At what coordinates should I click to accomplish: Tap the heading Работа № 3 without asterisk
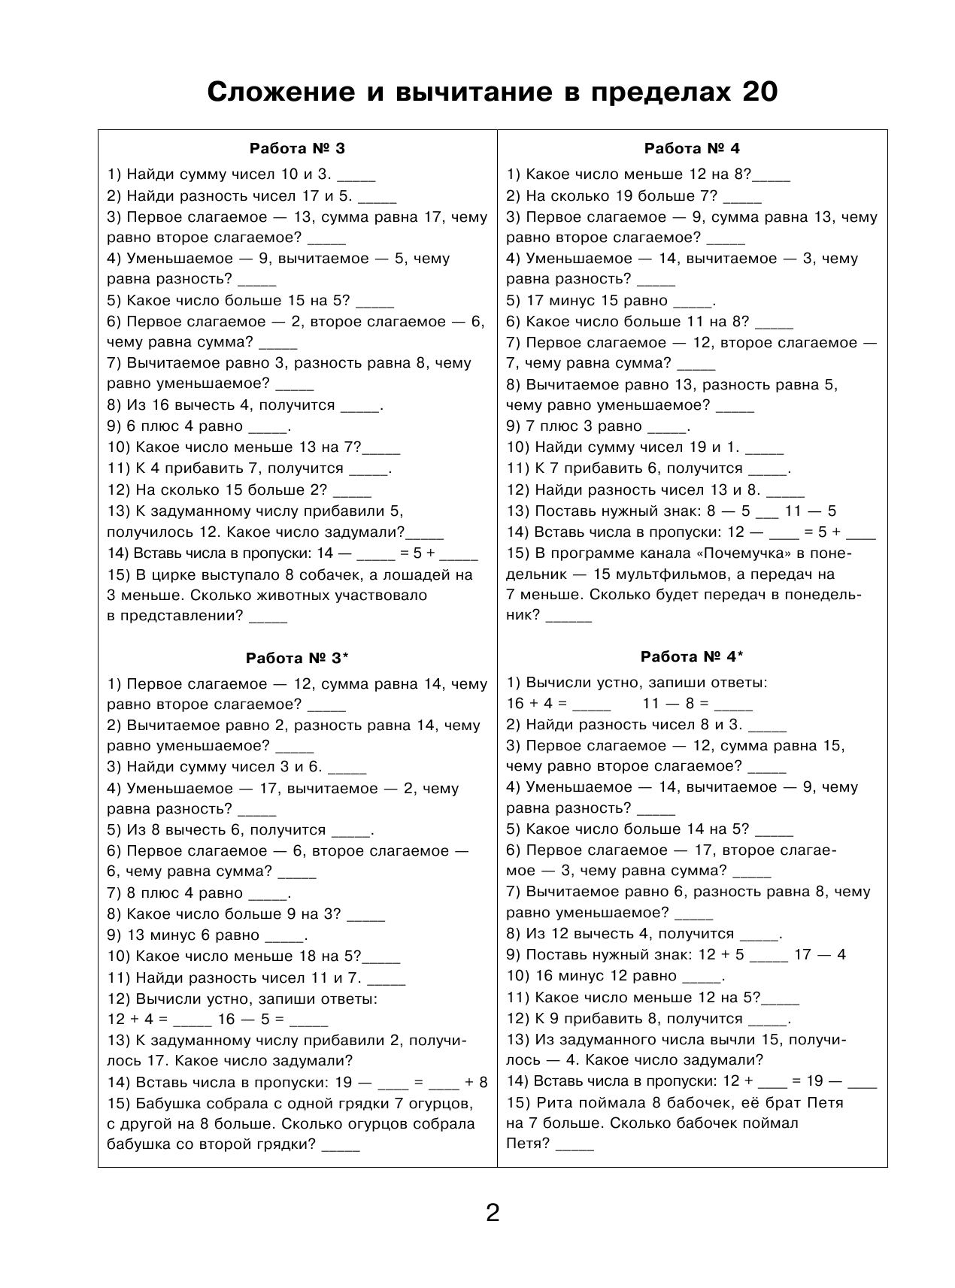(x=296, y=148)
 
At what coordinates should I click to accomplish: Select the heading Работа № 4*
(x=691, y=657)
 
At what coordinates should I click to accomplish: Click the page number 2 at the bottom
(x=493, y=1214)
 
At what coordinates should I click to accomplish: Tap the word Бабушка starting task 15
(x=167, y=1104)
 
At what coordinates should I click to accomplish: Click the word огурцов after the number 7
(x=436, y=1104)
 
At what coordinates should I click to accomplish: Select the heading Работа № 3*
(x=298, y=659)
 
